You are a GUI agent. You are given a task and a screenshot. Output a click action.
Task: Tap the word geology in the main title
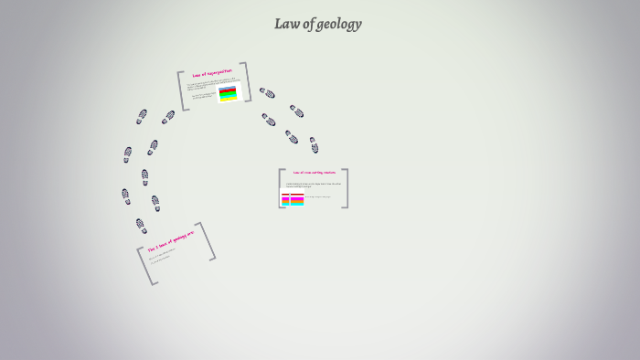(340, 25)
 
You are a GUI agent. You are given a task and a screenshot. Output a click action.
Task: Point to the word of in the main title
(308, 24)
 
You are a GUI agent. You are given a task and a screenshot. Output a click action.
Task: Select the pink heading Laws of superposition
(212, 71)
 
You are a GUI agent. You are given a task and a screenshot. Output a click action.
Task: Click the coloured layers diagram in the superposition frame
(228, 93)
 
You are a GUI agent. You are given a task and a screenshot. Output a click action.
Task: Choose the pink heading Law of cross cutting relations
(314, 172)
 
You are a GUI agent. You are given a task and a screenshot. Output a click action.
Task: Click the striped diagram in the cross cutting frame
(293, 199)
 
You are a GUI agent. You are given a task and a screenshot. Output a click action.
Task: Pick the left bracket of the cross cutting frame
(282, 188)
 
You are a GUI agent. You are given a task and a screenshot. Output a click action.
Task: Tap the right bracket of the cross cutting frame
(345, 188)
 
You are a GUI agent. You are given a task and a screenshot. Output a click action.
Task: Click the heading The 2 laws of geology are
(171, 241)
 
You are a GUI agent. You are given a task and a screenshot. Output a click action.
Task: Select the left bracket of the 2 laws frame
(146, 266)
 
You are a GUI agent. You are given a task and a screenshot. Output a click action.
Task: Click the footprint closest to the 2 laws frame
(141, 225)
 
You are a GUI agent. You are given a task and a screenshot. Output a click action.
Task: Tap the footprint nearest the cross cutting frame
(314, 144)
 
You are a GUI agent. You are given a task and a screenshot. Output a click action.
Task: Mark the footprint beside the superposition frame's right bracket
(266, 92)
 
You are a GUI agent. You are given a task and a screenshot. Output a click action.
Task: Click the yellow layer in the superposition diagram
(228, 98)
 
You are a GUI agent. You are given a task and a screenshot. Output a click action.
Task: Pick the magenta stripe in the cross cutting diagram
(293, 196)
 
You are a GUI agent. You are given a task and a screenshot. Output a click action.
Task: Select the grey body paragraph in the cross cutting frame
(313, 185)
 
